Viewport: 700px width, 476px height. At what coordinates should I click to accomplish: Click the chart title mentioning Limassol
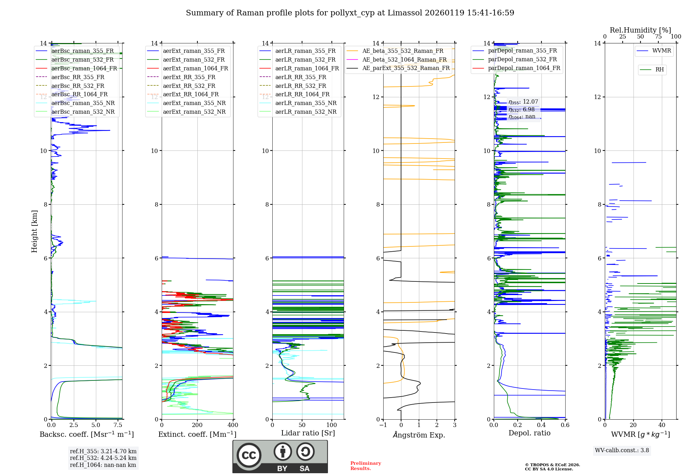point(350,13)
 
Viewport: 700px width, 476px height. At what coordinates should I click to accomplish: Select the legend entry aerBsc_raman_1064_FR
point(84,68)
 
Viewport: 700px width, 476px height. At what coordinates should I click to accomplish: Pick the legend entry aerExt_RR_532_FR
point(189,86)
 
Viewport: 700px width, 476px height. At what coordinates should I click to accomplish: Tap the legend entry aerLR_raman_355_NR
point(306,103)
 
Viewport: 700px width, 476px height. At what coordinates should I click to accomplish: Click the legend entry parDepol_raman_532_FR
point(522,59)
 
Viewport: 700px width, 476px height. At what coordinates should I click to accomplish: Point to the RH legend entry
point(659,70)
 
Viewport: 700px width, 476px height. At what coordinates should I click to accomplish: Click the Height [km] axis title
point(34,231)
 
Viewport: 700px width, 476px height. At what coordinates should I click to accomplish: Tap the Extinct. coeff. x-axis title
point(197,434)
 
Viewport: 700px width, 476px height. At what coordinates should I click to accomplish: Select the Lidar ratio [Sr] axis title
point(308,433)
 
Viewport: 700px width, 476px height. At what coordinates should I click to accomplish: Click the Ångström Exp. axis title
point(419,435)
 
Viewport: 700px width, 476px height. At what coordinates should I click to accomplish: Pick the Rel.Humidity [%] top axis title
point(640,30)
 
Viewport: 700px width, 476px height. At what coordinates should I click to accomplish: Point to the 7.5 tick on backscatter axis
point(118,425)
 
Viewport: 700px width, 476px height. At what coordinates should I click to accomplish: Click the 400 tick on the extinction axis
point(233,425)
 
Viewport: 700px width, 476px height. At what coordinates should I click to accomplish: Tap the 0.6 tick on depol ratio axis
point(565,425)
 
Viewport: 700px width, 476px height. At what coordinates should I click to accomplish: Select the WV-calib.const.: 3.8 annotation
point(622,450)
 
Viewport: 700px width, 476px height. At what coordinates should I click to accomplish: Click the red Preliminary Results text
point(365,465)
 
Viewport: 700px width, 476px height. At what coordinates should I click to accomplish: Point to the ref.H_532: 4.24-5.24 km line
point(103,458)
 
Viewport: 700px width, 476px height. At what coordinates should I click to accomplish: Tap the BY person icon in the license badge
point(282,452)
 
